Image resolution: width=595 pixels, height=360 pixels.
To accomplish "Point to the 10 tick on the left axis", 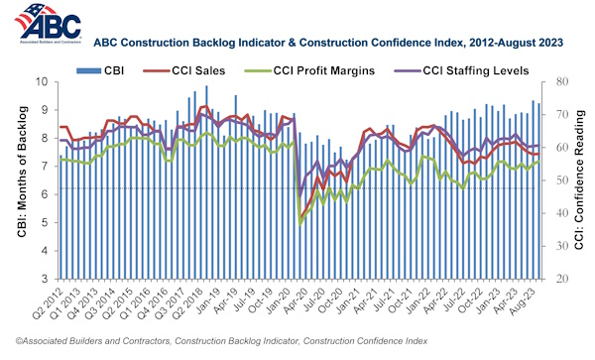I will point(45,82).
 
